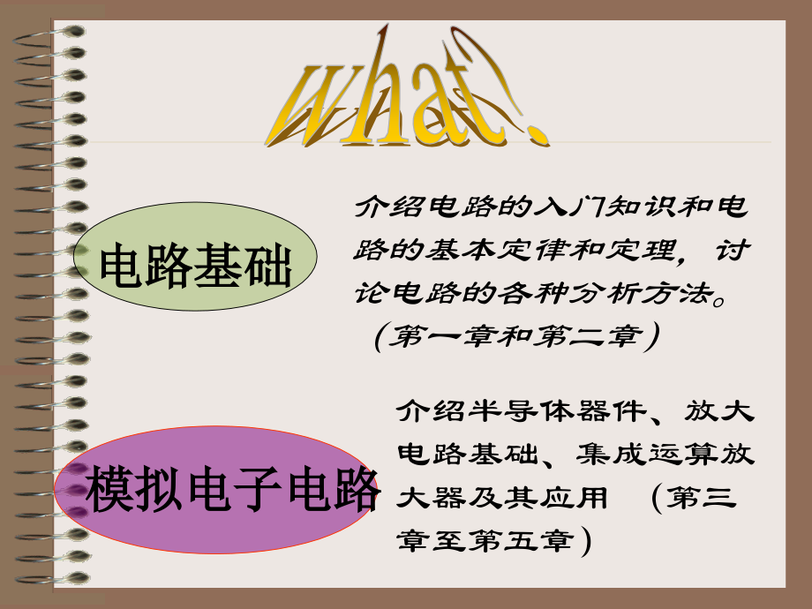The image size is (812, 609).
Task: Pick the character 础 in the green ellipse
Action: pyautogui.click(x=270, y=266)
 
